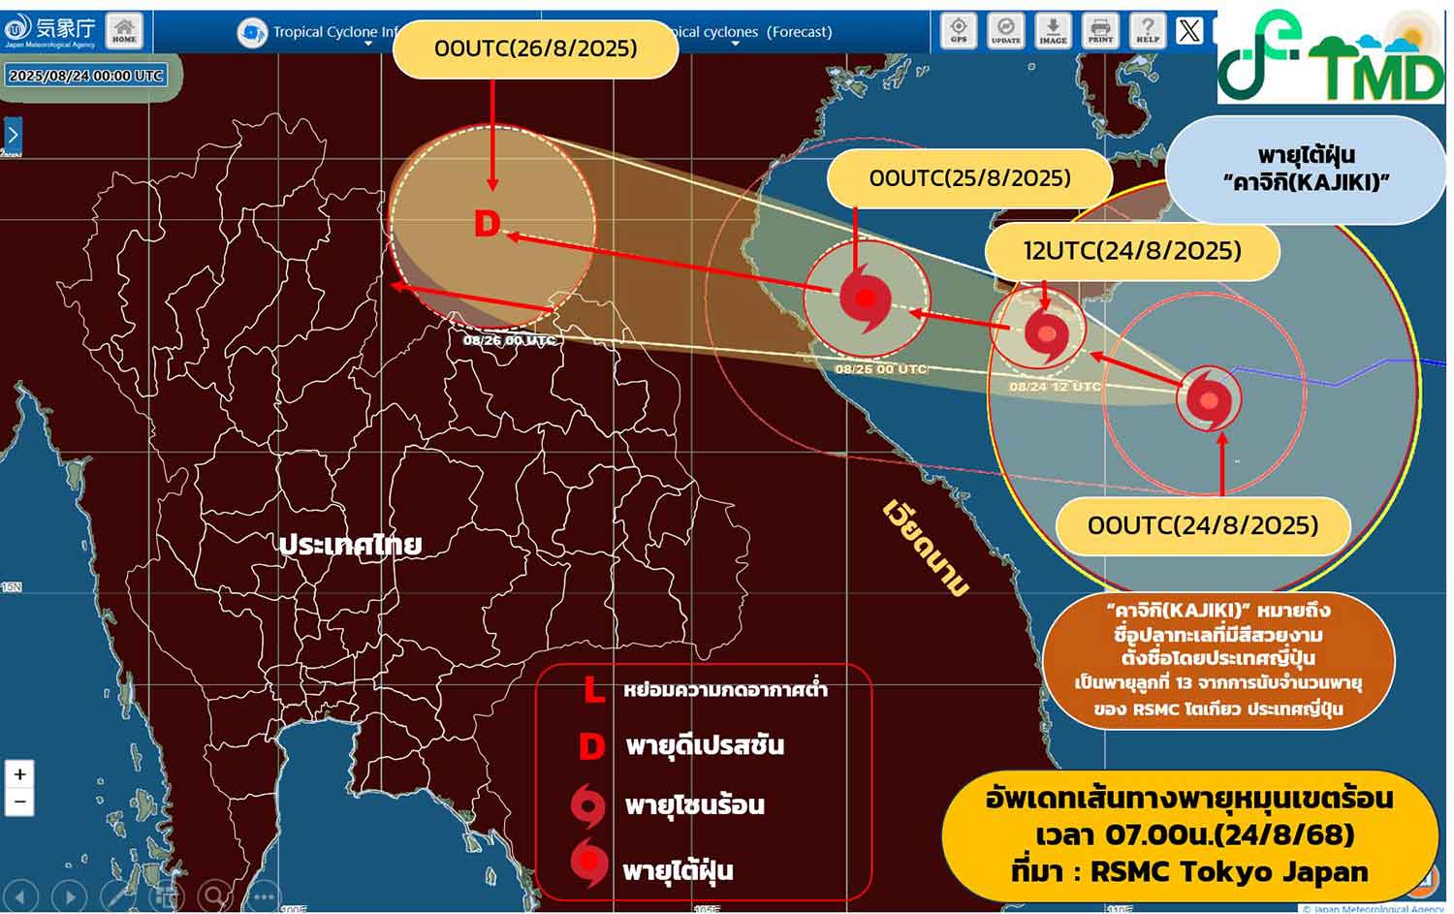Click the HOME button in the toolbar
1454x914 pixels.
click(x=124, y=29)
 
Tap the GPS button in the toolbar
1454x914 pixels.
click(x=959, y=30)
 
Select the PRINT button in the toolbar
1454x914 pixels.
click(x=1100, y=30)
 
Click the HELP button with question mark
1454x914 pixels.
click(x=1148, y=30)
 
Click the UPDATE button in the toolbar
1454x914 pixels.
click(x=1005, y=30)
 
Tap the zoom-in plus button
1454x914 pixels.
click(x=19, y=773)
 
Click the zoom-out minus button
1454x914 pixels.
click(x=19, y=802)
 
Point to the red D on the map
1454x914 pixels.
click(x=487, y=225)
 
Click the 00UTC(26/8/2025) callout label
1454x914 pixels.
click(x=535, y=48)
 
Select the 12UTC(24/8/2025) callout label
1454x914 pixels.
click(x=1132, y=251)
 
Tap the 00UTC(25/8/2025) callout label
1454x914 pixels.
click(x=969, y=178)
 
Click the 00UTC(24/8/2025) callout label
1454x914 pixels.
click(x=1203, y=525)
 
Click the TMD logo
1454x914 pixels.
click(x=1331, y=56)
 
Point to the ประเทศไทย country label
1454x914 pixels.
click(x=350, y=545)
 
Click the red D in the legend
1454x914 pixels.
click(x=591, y=746)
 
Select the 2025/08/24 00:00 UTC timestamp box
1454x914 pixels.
click(x=85, y=76)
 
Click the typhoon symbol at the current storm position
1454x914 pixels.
click(x=1209, y=398)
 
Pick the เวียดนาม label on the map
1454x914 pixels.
click(x=926, y=548)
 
